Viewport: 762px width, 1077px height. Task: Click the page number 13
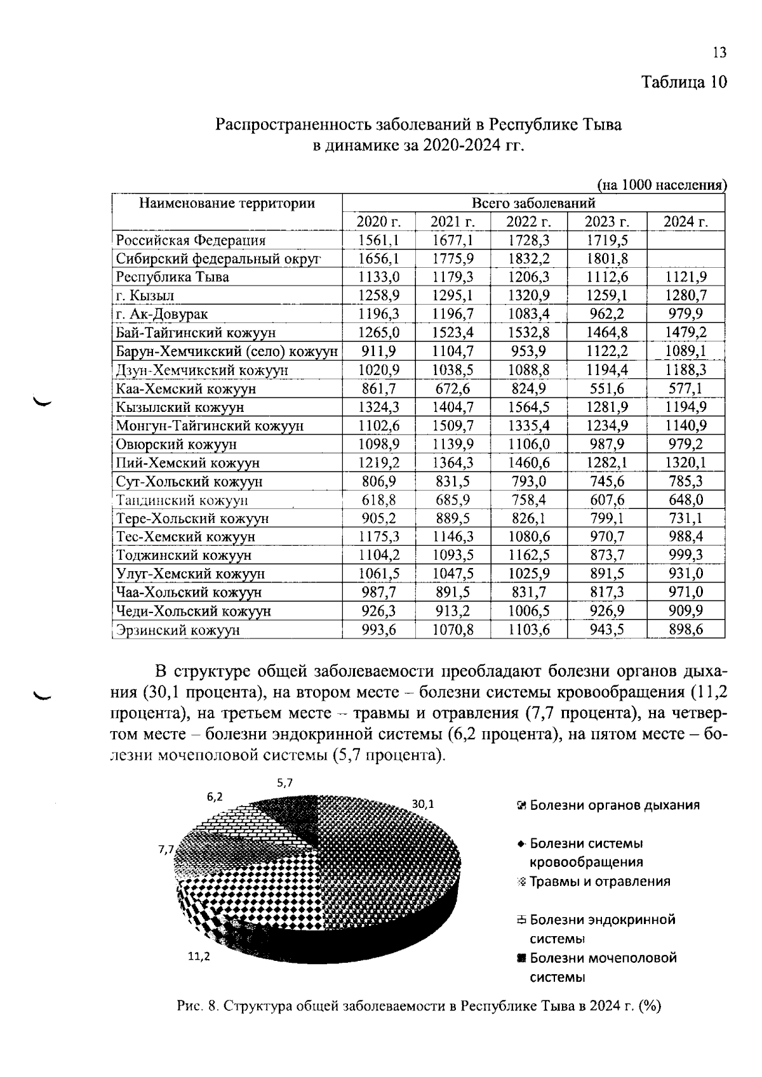(719, 53)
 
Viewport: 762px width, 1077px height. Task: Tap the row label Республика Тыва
(172, 277)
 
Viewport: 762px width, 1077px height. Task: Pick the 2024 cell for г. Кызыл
(685, 296)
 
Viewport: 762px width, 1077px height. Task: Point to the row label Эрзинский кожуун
(178, 630)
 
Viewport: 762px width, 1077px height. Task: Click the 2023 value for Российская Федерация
(606, 240)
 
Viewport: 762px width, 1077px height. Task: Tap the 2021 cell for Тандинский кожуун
(453, 499)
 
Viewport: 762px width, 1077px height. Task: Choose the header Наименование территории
(227, 204)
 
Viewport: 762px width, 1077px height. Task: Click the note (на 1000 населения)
(662, 185)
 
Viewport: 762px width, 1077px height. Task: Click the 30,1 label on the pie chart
(423, 803)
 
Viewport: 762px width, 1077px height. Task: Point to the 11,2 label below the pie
(199, 956)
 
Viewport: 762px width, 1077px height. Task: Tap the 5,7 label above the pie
(284, 783)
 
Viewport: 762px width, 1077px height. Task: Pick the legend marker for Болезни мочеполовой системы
(521, 958)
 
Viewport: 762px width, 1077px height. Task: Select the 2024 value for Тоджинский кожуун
(685, 555)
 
